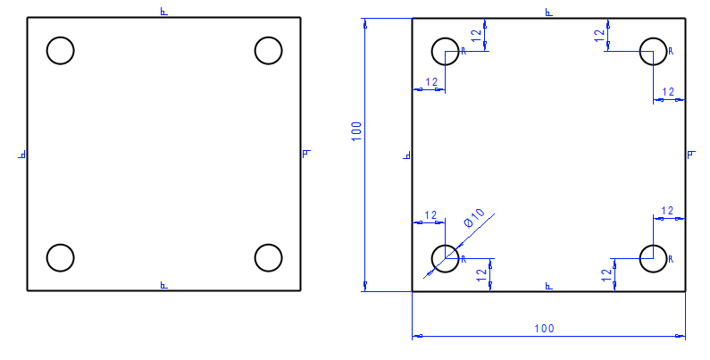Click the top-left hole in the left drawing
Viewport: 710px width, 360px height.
click(x=60, y=51)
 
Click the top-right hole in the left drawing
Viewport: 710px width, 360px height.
click(x=268, y=51)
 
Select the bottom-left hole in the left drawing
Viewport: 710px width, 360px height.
click(x=60, y=257)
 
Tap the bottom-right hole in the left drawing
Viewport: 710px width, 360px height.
click(x=268, y=257)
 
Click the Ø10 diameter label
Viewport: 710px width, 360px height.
click(x=473, y=218)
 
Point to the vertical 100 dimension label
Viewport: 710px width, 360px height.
click(x=355, y=133)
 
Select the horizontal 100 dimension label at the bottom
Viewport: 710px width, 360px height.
click(x=543, y=328)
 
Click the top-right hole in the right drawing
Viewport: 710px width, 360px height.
click(x=653, y=51)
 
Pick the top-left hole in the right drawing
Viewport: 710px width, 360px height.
click(x=445, y=51)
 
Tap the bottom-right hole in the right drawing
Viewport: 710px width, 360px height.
click(x=653, y=257)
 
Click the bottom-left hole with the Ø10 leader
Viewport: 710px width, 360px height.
click(x=445, y=257)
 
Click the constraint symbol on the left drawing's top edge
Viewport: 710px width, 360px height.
click(x=163, y=12)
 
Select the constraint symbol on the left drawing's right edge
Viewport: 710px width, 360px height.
click(x=305, y=154)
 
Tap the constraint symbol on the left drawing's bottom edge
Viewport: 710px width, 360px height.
click(x=163, y=285)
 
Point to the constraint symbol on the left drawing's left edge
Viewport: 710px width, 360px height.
click(x=21, y=155)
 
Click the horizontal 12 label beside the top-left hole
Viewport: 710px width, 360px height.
click(x=430, y=82)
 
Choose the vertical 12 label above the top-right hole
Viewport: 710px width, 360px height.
click(x=599, y=35)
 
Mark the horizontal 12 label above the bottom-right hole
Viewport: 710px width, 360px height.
click(x=667, y=211)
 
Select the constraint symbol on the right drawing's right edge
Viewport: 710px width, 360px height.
click(x=691, y=155)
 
